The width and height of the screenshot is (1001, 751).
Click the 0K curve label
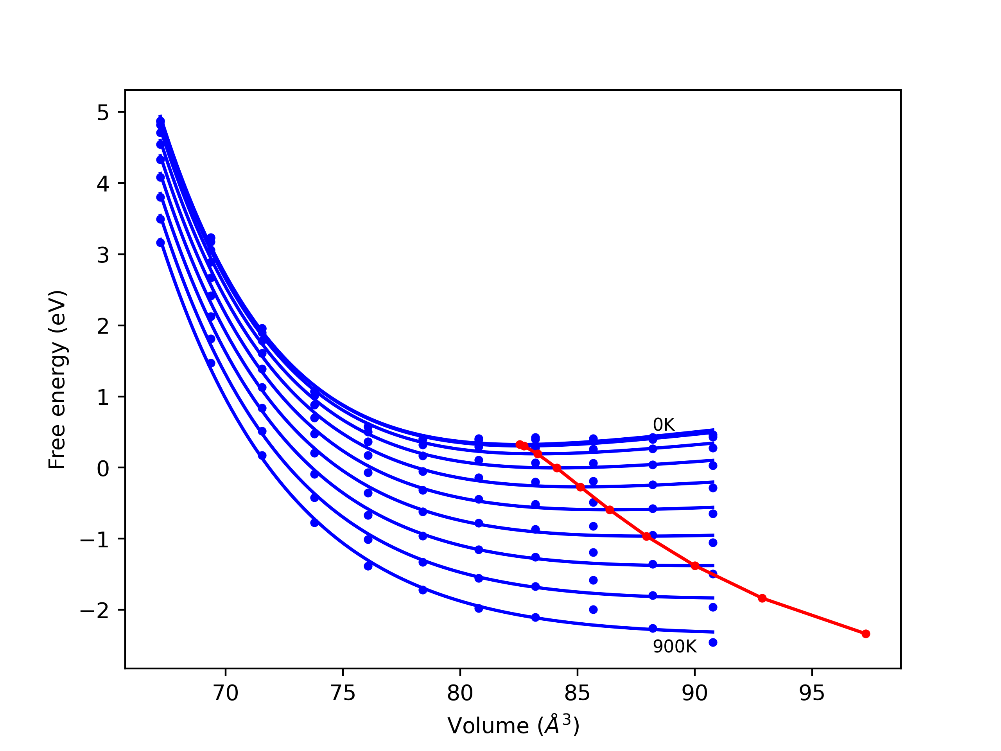[664, 425]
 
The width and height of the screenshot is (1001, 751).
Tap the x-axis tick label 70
[225, 694]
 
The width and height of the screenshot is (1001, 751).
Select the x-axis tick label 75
[343, 694]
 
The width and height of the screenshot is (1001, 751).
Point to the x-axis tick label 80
[460, 694]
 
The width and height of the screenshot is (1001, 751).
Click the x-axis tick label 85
[577, 694]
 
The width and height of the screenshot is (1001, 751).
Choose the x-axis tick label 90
[694, 694]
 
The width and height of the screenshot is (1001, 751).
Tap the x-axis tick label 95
[811, 694]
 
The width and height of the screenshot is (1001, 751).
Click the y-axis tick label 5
[103, 112]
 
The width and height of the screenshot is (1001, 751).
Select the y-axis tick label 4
[103, 184]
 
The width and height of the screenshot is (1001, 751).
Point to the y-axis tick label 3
[103, 255]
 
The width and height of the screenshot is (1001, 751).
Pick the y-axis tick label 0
[103, 469]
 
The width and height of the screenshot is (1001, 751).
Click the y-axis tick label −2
[95, 611]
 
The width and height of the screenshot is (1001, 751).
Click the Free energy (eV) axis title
[57, 379]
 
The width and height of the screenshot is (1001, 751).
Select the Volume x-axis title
[513, 726]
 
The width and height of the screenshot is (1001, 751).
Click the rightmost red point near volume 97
[865, 634]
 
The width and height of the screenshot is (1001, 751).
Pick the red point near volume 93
[762, 598]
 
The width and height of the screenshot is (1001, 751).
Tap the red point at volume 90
[694, 566]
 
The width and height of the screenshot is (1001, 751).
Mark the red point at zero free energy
[557, 468]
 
